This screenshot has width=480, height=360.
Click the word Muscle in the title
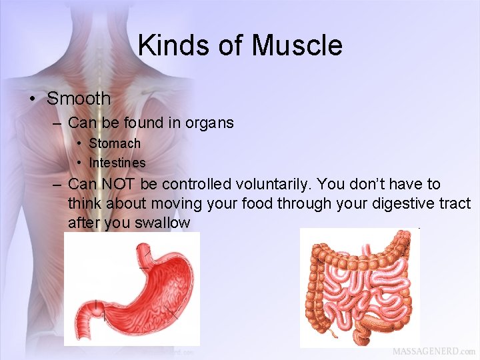297,45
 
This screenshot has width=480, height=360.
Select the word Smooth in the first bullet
79,99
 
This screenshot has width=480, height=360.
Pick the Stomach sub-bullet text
115,143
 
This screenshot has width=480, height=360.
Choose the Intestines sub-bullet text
117,163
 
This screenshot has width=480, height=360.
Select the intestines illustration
360,287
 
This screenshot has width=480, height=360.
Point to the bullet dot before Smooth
31,99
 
